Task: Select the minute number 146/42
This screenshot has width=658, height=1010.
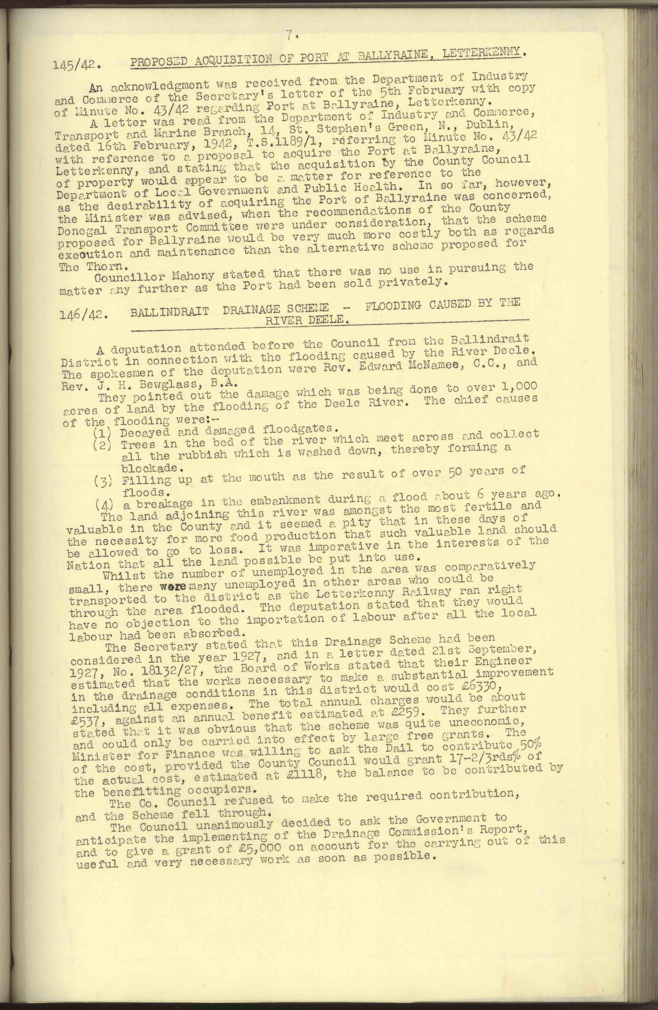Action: point(82,315)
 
